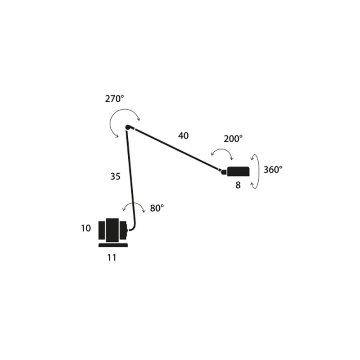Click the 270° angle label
point(115,99)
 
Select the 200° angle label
point(233,139)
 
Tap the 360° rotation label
point(273,170)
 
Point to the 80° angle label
point(157,208)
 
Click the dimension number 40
point(183,136)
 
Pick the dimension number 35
point(115,176)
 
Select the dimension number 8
point(238,185)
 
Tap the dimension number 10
point(86,228)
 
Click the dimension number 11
point(112,258)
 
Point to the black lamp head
point(238,171)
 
